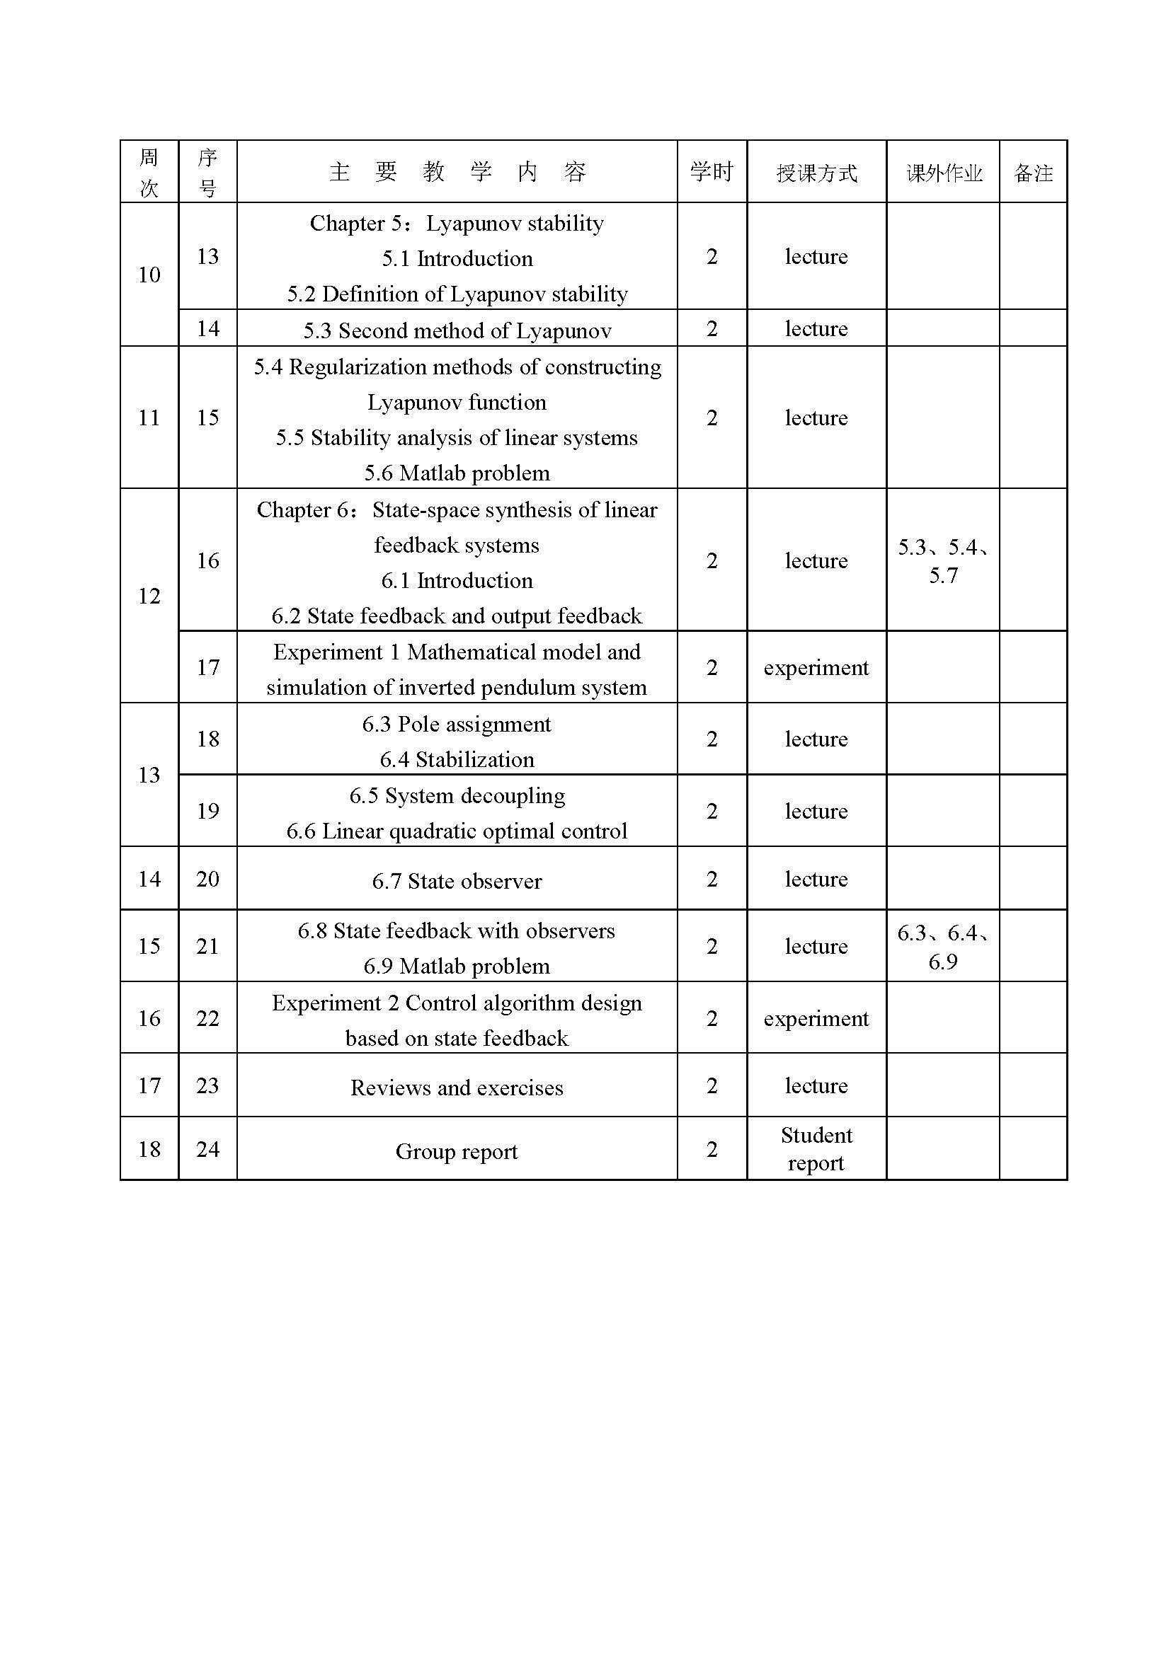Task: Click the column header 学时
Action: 711,171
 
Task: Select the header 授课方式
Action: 816,173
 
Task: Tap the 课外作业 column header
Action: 943,173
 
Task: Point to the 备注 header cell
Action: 1032,173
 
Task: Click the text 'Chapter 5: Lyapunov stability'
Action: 457,224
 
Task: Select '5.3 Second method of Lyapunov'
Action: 457,330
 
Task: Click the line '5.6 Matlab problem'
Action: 457,473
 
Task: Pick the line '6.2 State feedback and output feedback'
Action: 457,616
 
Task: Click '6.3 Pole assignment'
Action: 457,724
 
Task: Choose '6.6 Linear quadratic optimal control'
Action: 457,831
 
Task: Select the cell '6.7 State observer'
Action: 457,881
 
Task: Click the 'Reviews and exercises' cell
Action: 457,1087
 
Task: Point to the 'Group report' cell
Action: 457,1151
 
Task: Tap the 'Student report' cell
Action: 816,1149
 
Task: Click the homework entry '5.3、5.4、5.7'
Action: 943,561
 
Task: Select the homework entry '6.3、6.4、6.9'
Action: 943,947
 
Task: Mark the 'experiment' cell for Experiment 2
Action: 816,1017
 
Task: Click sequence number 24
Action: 207,1149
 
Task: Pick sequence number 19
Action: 207,811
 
